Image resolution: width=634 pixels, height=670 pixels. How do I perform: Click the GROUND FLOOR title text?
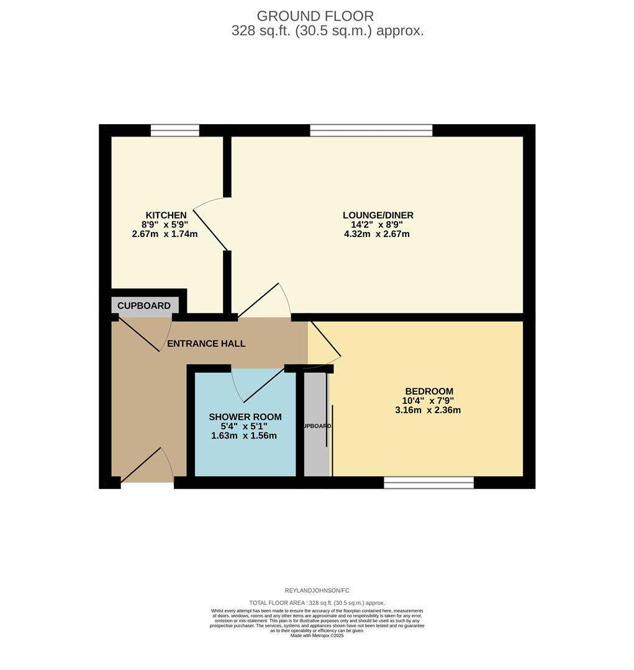[315, 16]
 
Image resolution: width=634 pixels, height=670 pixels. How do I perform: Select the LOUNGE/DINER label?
[378, 215]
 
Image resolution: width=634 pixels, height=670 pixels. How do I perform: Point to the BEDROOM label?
[428, 391]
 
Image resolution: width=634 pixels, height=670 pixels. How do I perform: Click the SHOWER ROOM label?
[245, 417]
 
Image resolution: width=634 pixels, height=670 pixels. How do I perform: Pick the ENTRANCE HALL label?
[206, 344]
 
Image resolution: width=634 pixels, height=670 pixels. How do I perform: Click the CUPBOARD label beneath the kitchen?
[144, 306]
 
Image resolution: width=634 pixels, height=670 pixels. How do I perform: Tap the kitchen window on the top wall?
[174, 130]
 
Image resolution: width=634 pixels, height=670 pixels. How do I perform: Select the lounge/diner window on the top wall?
[371, 130]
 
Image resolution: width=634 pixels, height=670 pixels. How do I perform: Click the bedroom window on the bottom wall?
[428, 483]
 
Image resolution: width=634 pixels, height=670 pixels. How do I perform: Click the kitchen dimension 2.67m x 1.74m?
[165, 234]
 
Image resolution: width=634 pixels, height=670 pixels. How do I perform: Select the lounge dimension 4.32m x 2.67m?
[376, 234]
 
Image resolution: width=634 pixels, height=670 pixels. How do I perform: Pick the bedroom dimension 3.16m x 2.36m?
[428, 410]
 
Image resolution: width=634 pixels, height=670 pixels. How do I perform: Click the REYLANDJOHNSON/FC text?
[317, 591]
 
